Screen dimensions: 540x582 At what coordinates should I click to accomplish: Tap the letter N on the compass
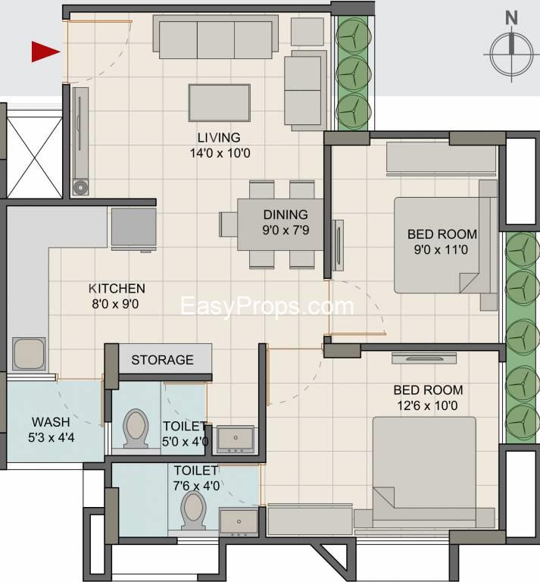[x=511, y=18]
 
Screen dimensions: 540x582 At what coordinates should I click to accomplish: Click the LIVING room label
[x=219, y=138]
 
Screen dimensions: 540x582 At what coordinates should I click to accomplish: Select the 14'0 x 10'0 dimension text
[x=220, y=153]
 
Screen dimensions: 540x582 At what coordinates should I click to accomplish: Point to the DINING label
[x=286, y=214]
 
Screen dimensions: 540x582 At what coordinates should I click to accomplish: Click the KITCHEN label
[x=117, y=289]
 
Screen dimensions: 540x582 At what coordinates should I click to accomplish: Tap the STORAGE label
[x=162, y=360]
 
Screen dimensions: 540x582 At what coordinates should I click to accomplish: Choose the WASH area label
[x=51, y=422]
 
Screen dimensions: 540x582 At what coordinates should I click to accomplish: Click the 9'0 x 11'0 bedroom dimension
[x=441, y=250]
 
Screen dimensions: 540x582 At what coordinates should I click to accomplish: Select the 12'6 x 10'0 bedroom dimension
[x=427, y=405]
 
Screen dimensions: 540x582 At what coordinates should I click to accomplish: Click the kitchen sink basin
[x=29, y=354]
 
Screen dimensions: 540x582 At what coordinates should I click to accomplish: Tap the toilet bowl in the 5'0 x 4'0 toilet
[x=136, y=428]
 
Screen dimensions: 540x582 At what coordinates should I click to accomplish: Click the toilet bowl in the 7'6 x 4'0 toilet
[x=193, y=510]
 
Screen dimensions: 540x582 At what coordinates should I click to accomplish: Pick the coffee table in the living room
[x=219, y=103]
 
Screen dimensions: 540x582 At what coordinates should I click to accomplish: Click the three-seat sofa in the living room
[x=216, y=36]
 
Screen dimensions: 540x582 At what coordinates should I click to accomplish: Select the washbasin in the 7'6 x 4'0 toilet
[x=239, y=522]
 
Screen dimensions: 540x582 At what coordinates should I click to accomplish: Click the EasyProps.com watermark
[x=267, y=307]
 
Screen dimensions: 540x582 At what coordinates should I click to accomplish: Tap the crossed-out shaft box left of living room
[x=35, y=158]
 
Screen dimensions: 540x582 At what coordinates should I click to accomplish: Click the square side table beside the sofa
[x=307, y=32]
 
